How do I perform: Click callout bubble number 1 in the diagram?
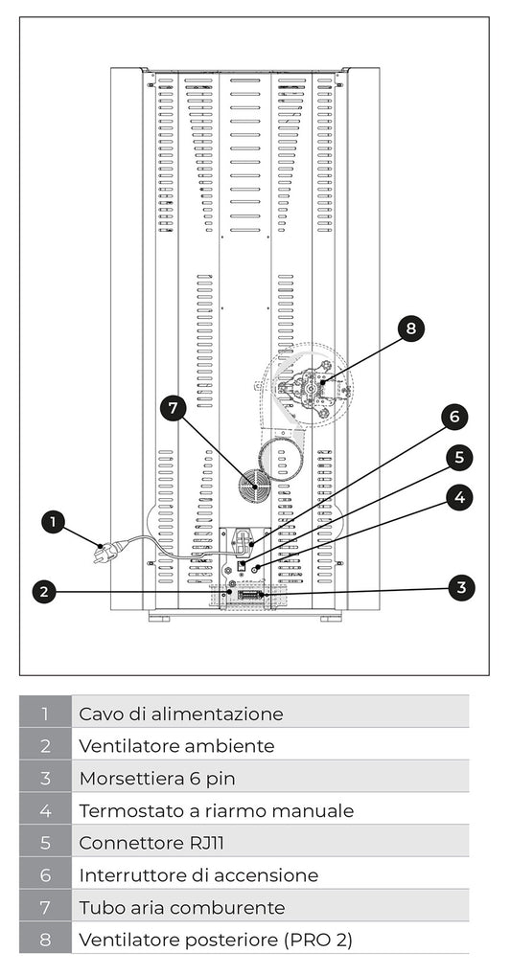(54, 522)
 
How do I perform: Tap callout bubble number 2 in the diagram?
(42, 592)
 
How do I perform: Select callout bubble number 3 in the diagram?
(461, 587)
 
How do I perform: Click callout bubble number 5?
(460, 457)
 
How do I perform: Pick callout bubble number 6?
(454, 417)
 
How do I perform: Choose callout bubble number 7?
(173, 409)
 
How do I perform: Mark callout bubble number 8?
(411, 329)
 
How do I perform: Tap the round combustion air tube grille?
(256, 485)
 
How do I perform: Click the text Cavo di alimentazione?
(180, 714)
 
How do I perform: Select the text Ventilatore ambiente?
(176, 746)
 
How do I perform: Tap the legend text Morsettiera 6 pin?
(156, 779)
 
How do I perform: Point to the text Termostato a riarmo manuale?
(216, 811)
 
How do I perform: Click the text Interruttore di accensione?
(198, 875)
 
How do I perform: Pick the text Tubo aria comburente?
(182, 908)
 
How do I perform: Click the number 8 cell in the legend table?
(45, 940)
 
